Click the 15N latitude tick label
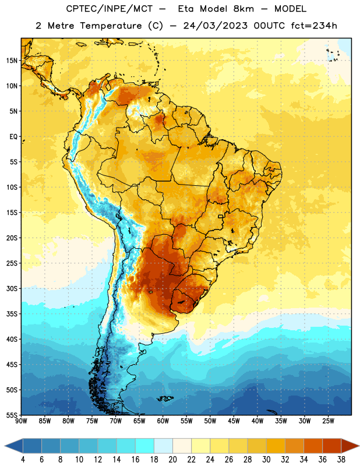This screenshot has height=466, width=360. (12, 61)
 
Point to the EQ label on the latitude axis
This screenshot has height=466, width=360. (13, 137)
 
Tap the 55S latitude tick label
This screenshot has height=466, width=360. (12, 415)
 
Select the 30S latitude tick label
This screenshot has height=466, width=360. (12, 288)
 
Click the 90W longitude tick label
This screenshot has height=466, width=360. (21, 421)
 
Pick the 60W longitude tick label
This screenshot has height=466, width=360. (163, 421)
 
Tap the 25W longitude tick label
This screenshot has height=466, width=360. (328, 421)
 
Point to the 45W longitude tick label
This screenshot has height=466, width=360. (234, 421)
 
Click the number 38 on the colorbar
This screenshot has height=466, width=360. (341, 460)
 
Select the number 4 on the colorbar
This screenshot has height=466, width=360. (23, 460)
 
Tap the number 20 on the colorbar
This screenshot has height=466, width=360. (172, 460)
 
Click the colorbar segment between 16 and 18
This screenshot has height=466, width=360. (145, 446)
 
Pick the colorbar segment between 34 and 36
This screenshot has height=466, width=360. (313, 446)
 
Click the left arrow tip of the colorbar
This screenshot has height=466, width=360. (5, 446)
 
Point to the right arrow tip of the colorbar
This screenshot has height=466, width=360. (359, 446)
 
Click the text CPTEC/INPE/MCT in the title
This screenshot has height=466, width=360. (109, 9)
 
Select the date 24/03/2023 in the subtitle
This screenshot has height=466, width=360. (215, 26)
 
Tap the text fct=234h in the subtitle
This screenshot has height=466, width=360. (314, 26)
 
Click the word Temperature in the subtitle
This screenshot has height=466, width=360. (111, 26)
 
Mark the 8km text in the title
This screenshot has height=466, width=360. (243, 9)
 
